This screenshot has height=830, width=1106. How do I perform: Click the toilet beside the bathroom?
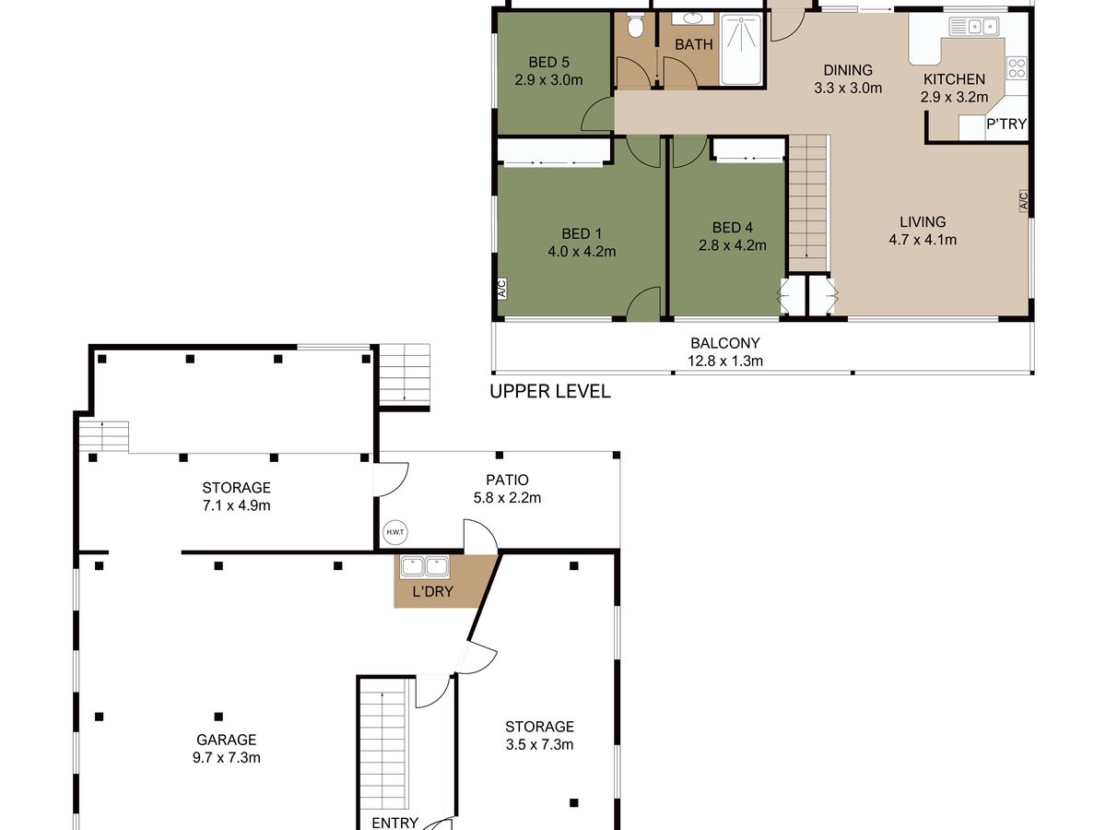click(x=635, y=26)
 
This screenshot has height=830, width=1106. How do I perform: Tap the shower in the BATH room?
click(x=741, y=50)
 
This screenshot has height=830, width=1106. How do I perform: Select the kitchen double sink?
click(x=973, y=26)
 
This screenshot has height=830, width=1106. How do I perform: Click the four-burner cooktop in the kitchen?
click(x=1017, y=68)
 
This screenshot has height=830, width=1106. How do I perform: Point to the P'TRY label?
click(x=1006, y=124)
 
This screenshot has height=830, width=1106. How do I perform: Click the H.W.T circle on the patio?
click(x=395, y=532)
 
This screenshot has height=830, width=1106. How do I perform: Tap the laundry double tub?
click(x=425, y=566)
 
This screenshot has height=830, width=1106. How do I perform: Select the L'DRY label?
click(x=433, y=592)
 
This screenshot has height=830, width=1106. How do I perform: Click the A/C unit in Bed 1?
click(x=502, y=289)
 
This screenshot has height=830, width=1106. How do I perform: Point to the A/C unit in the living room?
click(x=1023, y=200)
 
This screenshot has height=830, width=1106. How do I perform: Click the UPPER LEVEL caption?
click(x=550, y=392)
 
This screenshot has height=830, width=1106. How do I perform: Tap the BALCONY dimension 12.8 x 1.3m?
click(x=725, y=361)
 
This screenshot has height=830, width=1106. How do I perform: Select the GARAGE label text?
click(x=226, y=740)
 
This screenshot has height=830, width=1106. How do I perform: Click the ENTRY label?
click(x=395, y=823)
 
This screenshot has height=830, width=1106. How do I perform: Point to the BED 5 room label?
click(x=548, y=63)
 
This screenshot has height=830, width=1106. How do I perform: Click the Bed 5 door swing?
click(x=597, y=114)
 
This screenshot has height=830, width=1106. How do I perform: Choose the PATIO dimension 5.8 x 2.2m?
click(x=507, y=498)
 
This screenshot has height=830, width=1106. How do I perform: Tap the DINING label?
click(x=848, y=70)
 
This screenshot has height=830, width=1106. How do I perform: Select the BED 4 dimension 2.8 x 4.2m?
click(x=732, y=245)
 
